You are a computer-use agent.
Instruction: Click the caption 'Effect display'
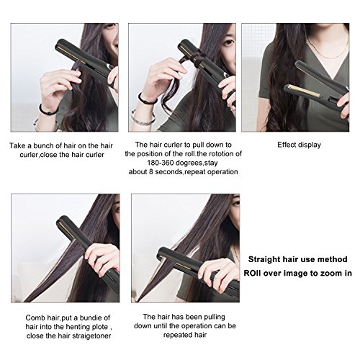[299, 145]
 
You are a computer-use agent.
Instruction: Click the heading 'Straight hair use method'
[298, 259]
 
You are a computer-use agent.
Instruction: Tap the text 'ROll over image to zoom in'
[298, 273]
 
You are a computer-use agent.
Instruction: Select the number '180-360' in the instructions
[161, 163]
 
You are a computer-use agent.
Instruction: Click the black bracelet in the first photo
[48, 110]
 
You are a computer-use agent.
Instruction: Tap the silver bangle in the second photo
[142, 118]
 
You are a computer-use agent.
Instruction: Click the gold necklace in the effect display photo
[328, 50]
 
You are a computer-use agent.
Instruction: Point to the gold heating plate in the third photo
[304, 91]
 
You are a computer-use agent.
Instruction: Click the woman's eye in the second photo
[228, 42]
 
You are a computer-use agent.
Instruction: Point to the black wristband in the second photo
[146, 99]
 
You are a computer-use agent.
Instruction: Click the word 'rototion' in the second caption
[215, 154]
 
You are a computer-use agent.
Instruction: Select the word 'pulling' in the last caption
[215, 318]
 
